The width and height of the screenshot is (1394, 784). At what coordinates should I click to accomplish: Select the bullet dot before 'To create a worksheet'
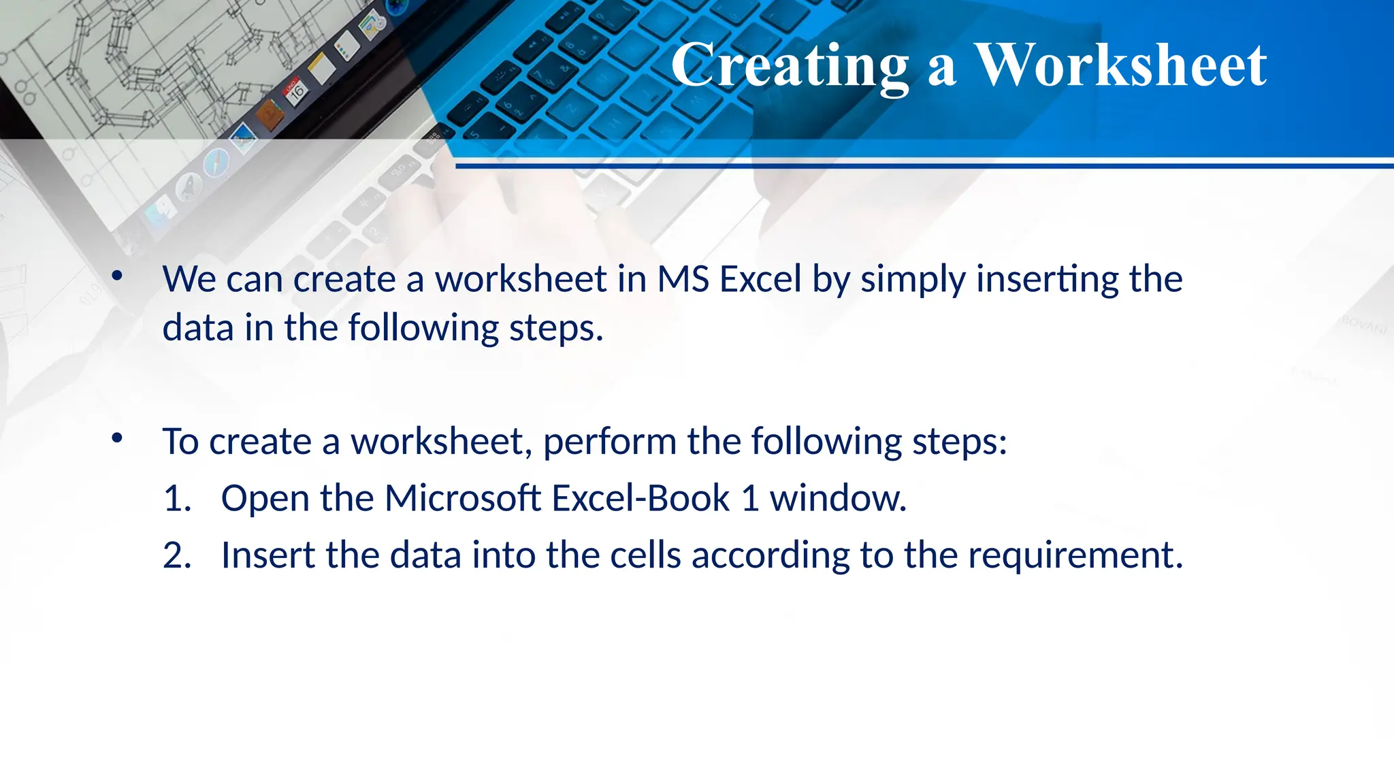click(117, 438)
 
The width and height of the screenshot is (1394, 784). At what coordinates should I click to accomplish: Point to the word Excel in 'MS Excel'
click(760, 279)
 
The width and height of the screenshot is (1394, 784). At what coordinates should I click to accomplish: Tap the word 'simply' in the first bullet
click(913, 280)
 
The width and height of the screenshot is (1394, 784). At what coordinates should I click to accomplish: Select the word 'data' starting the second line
click(197, 327)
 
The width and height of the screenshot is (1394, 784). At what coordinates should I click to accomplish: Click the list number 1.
click(176, 498)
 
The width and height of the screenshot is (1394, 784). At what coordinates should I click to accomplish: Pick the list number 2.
click(176, 555)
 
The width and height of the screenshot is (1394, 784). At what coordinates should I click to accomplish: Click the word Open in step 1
click(265, 499)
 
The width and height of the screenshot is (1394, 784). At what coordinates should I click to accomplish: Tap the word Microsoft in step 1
click(463, 498)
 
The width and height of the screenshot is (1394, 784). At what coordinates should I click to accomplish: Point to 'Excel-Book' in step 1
click(641, 498)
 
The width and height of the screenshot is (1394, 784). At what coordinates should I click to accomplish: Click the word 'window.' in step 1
click(838, 498)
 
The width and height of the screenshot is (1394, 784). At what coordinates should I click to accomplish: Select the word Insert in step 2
click(268, 555)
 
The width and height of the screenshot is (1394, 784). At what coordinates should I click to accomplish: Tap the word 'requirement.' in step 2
click(1075, 556)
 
